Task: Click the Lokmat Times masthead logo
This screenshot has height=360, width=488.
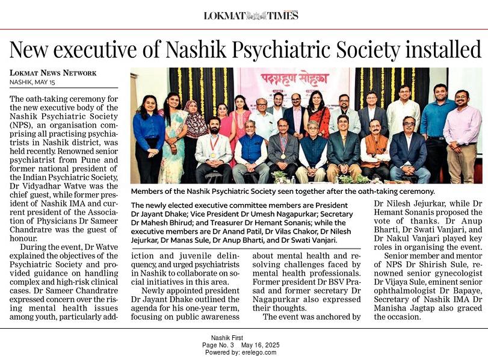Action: pyautogui.click(x=251, y=15)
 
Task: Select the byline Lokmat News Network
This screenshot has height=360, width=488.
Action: pyautogui.click(x=53, y=73)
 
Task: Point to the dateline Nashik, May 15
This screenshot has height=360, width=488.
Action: pyautogui.click(x=32, y=82)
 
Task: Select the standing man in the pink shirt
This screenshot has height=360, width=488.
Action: pyautogui.click(x=462, y=134)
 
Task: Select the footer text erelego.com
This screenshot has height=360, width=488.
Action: pyautogui.click(x=260, y=352)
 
